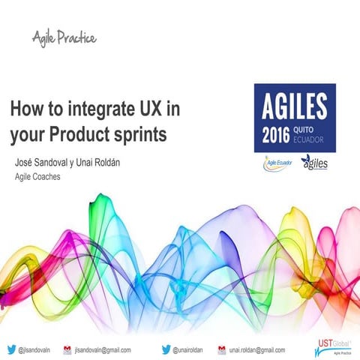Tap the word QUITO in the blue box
pos(313,130)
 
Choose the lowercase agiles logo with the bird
pos(314,163)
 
